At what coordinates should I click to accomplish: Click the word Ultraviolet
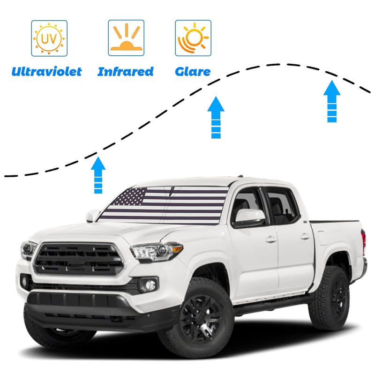click(47, 72)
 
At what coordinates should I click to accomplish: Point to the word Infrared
click(126, 72)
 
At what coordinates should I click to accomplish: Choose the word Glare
click(193, 72)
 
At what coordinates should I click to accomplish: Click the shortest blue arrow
click(98, 175)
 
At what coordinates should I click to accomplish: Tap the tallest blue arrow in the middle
click(216, 118)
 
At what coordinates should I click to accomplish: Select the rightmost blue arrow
click(332, 101)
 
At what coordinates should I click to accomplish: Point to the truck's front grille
click(80, 260)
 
